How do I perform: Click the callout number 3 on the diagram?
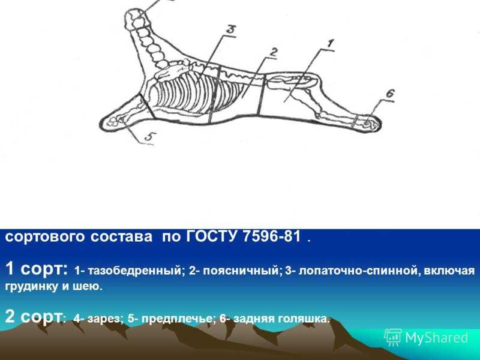(230, 29)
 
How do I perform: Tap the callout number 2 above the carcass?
(273, 53)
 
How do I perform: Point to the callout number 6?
(389, 94)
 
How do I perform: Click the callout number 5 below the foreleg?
(149, 137)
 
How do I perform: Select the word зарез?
(105, 319)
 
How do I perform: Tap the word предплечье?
(176, 319)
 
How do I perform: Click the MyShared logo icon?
(393, 337)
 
